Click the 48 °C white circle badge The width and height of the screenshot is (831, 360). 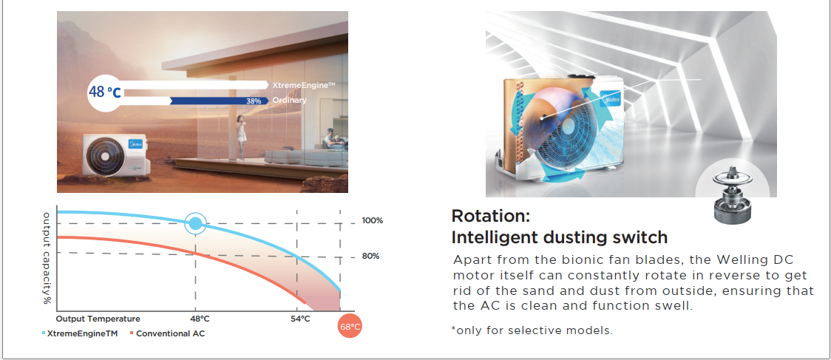pyautogui.click(x=105, y=92)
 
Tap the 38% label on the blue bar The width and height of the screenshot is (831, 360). pyautogui.click(x=254, y=101)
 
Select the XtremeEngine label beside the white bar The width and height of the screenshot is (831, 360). pyautogui.click(x=304, y=85)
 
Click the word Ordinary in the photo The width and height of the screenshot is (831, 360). pyautogui.click(x=289, y=101)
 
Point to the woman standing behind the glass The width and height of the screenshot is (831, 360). pyautogui.click(x=241, y=136)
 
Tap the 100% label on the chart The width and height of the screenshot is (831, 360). pyautogui.click(x=373, y=220)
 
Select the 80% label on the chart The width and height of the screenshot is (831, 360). pyautogui.click(x=371, y=256)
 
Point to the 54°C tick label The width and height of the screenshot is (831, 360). pyautogui.click(x=299, y=319)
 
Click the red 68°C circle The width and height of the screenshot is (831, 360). pyautogui.click(x=350, y=327)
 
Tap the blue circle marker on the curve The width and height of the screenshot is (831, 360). pyautogui.click(x=196, y=223)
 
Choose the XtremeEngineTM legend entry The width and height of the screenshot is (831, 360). pyautogui.click(x=80, y=333)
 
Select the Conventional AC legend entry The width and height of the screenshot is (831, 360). pyautogui.click(x=168, y=333)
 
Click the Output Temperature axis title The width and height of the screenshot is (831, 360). pyautogui.click(x=98, y=319)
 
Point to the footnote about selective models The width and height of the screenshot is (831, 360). pyautogui.click(x=532, y=330)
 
